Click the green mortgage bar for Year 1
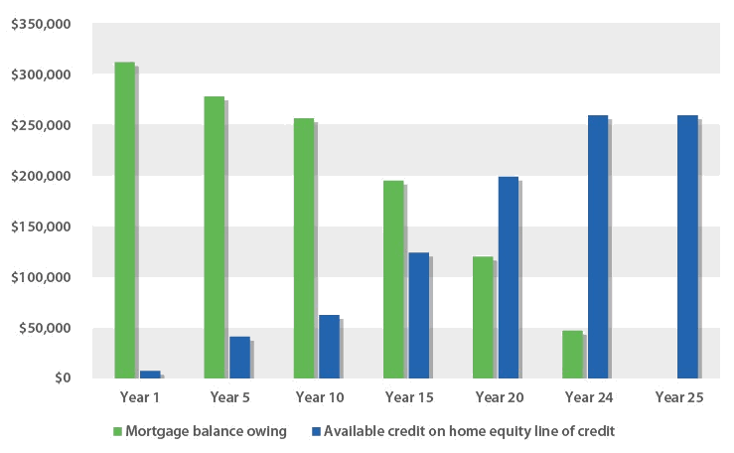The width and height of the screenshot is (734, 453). tap(124, 220)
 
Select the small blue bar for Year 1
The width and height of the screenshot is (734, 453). tap(150, 375)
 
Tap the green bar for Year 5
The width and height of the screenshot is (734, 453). tap(214, 237)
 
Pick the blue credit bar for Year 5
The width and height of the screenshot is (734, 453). tap(239, 358)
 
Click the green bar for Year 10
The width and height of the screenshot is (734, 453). tap(303, 248)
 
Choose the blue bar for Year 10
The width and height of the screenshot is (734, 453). tap(329, 347)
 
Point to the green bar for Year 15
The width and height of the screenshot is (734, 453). tap(393, 279)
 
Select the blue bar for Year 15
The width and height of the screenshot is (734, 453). tap(418, 315)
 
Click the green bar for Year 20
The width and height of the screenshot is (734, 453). tap(483, 317)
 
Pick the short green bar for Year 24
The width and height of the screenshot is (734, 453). tap(572, 355)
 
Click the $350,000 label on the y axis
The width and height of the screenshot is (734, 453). tap(42, 24)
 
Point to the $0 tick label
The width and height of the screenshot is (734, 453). tap(62, 378)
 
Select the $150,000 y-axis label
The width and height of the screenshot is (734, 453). tap(42, 226)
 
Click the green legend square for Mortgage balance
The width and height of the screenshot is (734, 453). tap(117, 431)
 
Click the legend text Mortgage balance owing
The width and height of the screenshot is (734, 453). tap(206, 431)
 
